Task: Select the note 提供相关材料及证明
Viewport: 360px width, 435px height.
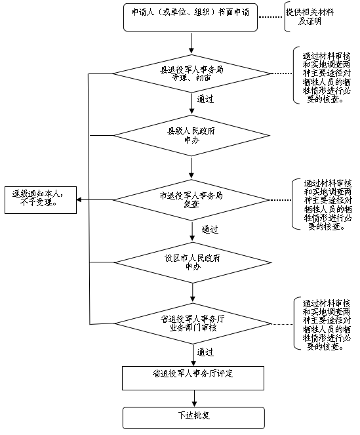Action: (314, 16)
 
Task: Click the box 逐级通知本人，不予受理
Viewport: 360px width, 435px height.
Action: (40, 199)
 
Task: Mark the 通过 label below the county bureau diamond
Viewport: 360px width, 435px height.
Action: (205, 100)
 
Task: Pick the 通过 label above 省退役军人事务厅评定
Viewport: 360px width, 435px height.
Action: (205, 352)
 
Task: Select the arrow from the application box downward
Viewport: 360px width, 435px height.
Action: (191, 42)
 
